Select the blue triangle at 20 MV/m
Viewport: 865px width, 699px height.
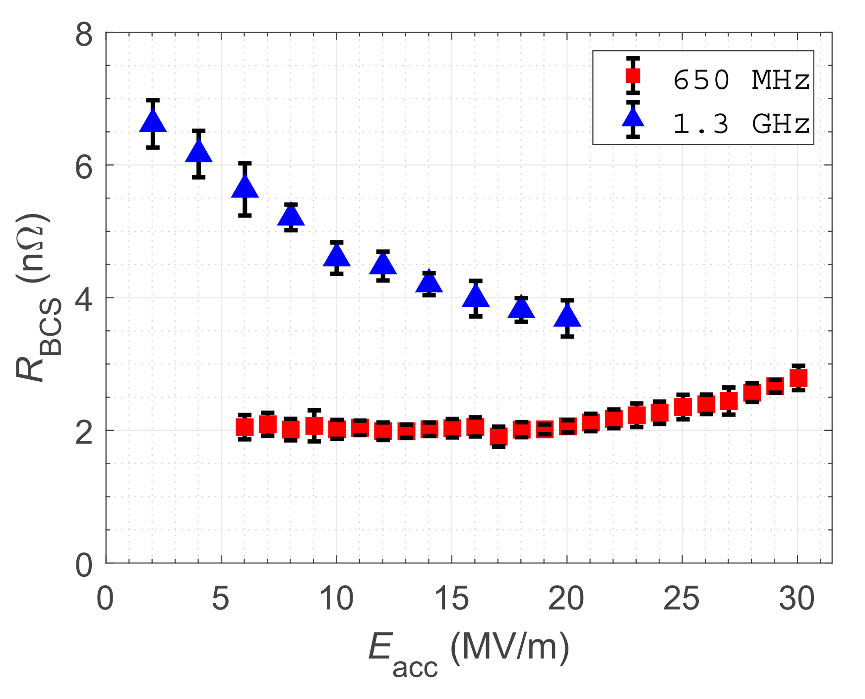tap(567, 317)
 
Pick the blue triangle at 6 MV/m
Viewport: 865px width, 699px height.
tap(245, 188)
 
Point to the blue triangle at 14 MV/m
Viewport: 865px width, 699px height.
tap(429, 283)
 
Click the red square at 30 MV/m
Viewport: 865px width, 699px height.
tap(798, 378)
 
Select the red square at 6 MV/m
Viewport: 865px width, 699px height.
tap(245, 426)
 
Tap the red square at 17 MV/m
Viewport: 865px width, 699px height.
tap(498, 436)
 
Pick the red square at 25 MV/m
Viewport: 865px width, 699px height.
tap(683, 407)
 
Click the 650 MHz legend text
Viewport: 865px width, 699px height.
tap(741, 79)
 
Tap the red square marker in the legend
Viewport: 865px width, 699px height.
tap(633, 76)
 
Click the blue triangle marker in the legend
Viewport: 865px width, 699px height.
tap(633, 118)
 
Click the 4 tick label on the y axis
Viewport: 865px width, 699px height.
tap(83, 299)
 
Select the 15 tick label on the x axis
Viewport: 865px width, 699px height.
tap(451, 598)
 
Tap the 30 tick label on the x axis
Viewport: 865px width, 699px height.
tap(797, 598)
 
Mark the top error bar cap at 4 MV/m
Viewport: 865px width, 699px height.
tap(199, 131)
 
